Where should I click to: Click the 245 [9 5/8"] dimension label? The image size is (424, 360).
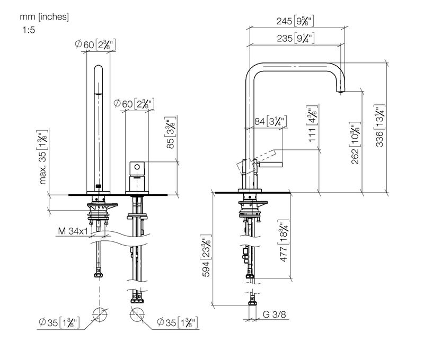pyautogui.click(x=295, y=21)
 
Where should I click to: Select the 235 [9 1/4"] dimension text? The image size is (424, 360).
pyautogui.click(x=296, y=38)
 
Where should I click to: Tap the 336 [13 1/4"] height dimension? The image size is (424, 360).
pyautogui.click(x=379, y=126)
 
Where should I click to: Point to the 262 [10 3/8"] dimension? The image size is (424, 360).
pyautogui.click(x=355, y=143)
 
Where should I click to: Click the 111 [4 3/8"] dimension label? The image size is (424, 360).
pyautogui.click(x=312, y=123)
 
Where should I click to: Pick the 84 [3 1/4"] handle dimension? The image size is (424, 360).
pyautogui.click(x=270, y=121)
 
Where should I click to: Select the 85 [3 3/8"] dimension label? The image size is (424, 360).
pyautogui.click(x=170, y=132)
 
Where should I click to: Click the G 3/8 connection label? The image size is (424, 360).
pyautogui.click(x=274, y=314)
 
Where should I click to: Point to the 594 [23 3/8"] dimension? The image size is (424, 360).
pyautogui.click(x=206, y=256)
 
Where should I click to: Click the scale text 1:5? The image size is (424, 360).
pyautogui.click(x=29, y=30)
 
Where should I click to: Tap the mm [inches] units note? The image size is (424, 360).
pyautogui.click(x=45, y=17)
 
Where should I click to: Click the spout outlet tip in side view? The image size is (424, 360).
pyautogui.click(x=341, y=92)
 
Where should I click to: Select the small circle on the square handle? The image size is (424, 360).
pyautogui.click(x=137, y=167)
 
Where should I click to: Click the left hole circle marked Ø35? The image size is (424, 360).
pyautogui.click(x=100, y=314)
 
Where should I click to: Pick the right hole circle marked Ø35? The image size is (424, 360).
pyautogui.click(x=137, y=314)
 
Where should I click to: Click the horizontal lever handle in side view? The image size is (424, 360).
pyautogui.click(x=270, y=165)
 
